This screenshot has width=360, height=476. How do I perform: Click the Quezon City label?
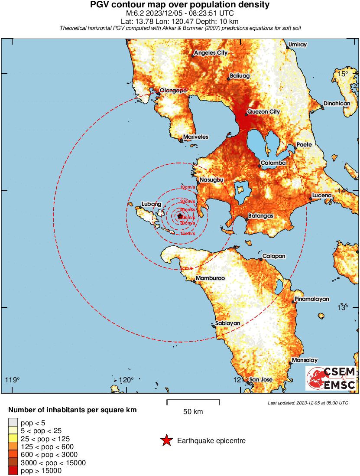click(x=263, y=111)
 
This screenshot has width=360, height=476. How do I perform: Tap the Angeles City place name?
click(x=211, y=53)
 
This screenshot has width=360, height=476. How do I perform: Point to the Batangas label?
click(x=260, y=215)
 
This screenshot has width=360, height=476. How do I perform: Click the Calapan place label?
click(x=274, y=256)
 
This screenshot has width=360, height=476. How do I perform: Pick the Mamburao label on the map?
click(x=210, y=278)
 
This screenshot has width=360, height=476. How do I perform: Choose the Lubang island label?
click(x=152, y=204)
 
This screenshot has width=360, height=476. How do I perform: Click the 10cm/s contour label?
click(x=188, y=187)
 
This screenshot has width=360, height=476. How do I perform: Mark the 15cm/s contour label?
click(x=188, y=233)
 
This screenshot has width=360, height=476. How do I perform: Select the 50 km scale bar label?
click(x=193, y=411)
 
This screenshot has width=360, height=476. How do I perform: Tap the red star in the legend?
click(x=166, y=441)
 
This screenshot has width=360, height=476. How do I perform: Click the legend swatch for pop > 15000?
click(x=13, y=470)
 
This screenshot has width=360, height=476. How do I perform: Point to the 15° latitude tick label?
click(x=343, y=74)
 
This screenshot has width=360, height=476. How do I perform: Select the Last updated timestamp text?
click(x=308, y=403)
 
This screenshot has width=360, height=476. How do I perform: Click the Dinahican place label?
click(x=336, y=103)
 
